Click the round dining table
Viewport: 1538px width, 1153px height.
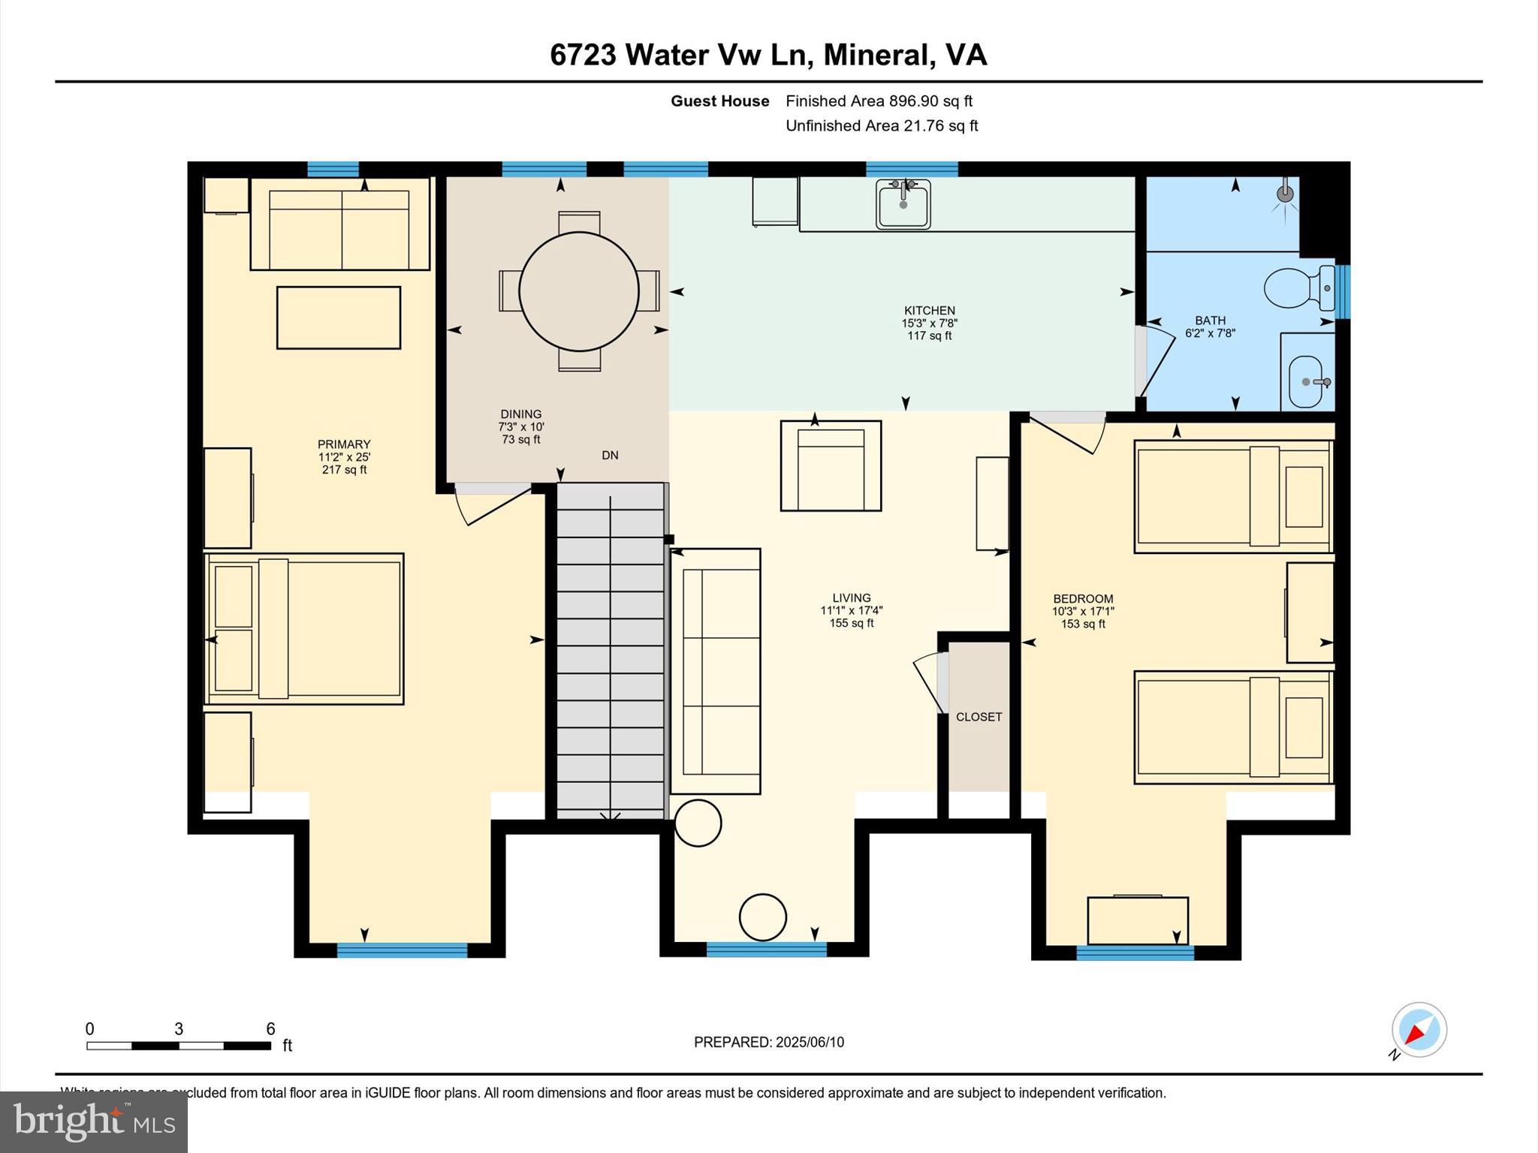pos(578,291)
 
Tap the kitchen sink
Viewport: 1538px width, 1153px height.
pos(903,203)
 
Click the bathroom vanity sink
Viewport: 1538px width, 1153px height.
pos(1307,381)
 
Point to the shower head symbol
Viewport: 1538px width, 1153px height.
pos(1286,194)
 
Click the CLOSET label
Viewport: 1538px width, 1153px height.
pos(979,717)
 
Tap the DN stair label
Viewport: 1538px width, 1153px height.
pos(610,455)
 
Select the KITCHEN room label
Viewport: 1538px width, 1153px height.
pos(929,310)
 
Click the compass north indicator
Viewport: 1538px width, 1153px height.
pos(1419,1030)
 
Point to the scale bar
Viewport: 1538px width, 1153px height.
pos(179,1045)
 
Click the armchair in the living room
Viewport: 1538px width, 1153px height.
pos(831,466)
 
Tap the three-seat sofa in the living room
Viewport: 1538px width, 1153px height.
pos(716,671)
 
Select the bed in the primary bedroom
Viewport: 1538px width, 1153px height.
pos(304,629)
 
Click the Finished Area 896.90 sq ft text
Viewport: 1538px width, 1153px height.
pos(879,101)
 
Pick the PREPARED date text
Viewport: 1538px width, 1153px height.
pos(768,1042)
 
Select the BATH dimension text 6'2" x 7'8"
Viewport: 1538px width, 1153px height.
pos(1210,333)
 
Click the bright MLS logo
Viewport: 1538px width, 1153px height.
pos(94,1121)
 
